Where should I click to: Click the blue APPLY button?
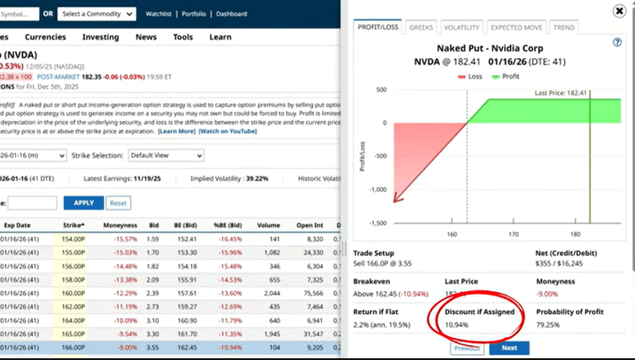(84, 203)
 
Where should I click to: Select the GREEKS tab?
(421, 27)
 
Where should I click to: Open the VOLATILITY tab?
(461, 27)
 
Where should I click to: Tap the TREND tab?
(563, 27)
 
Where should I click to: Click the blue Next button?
(509, 348)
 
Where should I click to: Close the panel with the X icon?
(619, 11)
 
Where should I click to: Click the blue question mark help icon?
(617, 42)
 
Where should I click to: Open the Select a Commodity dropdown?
(97, 14)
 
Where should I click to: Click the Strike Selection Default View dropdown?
(166, 155)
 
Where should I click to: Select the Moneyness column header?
(120, 225)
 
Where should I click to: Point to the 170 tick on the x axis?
(513, 234)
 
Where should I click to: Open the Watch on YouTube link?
(228, 131)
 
